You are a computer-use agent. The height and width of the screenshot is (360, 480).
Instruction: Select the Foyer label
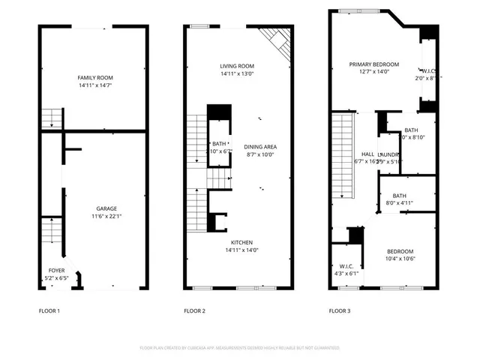click(x=57, y=270)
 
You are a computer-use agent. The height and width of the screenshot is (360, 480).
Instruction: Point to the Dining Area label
click(x=260, y=146)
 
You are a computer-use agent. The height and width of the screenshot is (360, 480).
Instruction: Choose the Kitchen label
click(x=241, y=242)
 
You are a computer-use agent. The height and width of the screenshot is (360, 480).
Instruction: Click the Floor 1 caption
click(x=49, y=310)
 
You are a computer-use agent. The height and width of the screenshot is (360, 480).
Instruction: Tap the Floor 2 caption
click(x=194, y=310)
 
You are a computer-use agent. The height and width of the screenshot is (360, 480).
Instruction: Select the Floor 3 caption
click(x=339, y=310)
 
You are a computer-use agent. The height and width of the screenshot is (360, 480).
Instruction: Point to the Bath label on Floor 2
click(x=219, y=143)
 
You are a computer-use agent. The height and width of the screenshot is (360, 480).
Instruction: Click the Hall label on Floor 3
click(x=367, y=154)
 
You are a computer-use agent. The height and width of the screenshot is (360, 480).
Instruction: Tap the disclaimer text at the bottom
click(x=240, y=348)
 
